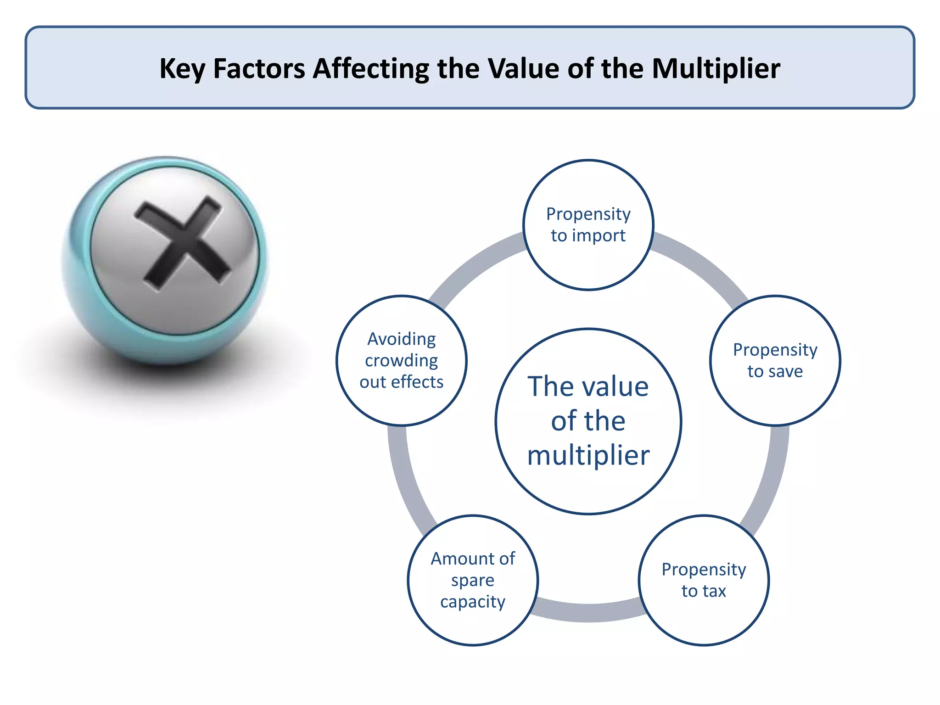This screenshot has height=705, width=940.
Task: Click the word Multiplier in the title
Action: (716, 68)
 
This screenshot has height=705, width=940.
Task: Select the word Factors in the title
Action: (259, 68)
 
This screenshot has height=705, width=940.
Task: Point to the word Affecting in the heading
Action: (371, 69)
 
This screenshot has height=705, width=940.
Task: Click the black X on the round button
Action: (182, 244)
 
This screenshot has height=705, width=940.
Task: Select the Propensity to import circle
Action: (588, 225)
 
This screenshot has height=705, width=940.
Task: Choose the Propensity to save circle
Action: (775, 360)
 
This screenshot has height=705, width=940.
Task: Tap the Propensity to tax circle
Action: (704, 580)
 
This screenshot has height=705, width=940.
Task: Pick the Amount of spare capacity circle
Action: (473, 580)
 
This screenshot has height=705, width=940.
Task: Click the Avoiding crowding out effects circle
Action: (402, 360)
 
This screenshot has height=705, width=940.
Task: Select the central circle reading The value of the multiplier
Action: (588, 421)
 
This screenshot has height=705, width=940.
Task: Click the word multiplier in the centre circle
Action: (588, 455)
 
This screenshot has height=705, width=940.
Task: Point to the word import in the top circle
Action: (599, 236)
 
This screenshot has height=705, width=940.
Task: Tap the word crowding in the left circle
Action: (402, 361)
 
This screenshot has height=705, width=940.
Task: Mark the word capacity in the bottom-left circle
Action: (473, 602)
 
